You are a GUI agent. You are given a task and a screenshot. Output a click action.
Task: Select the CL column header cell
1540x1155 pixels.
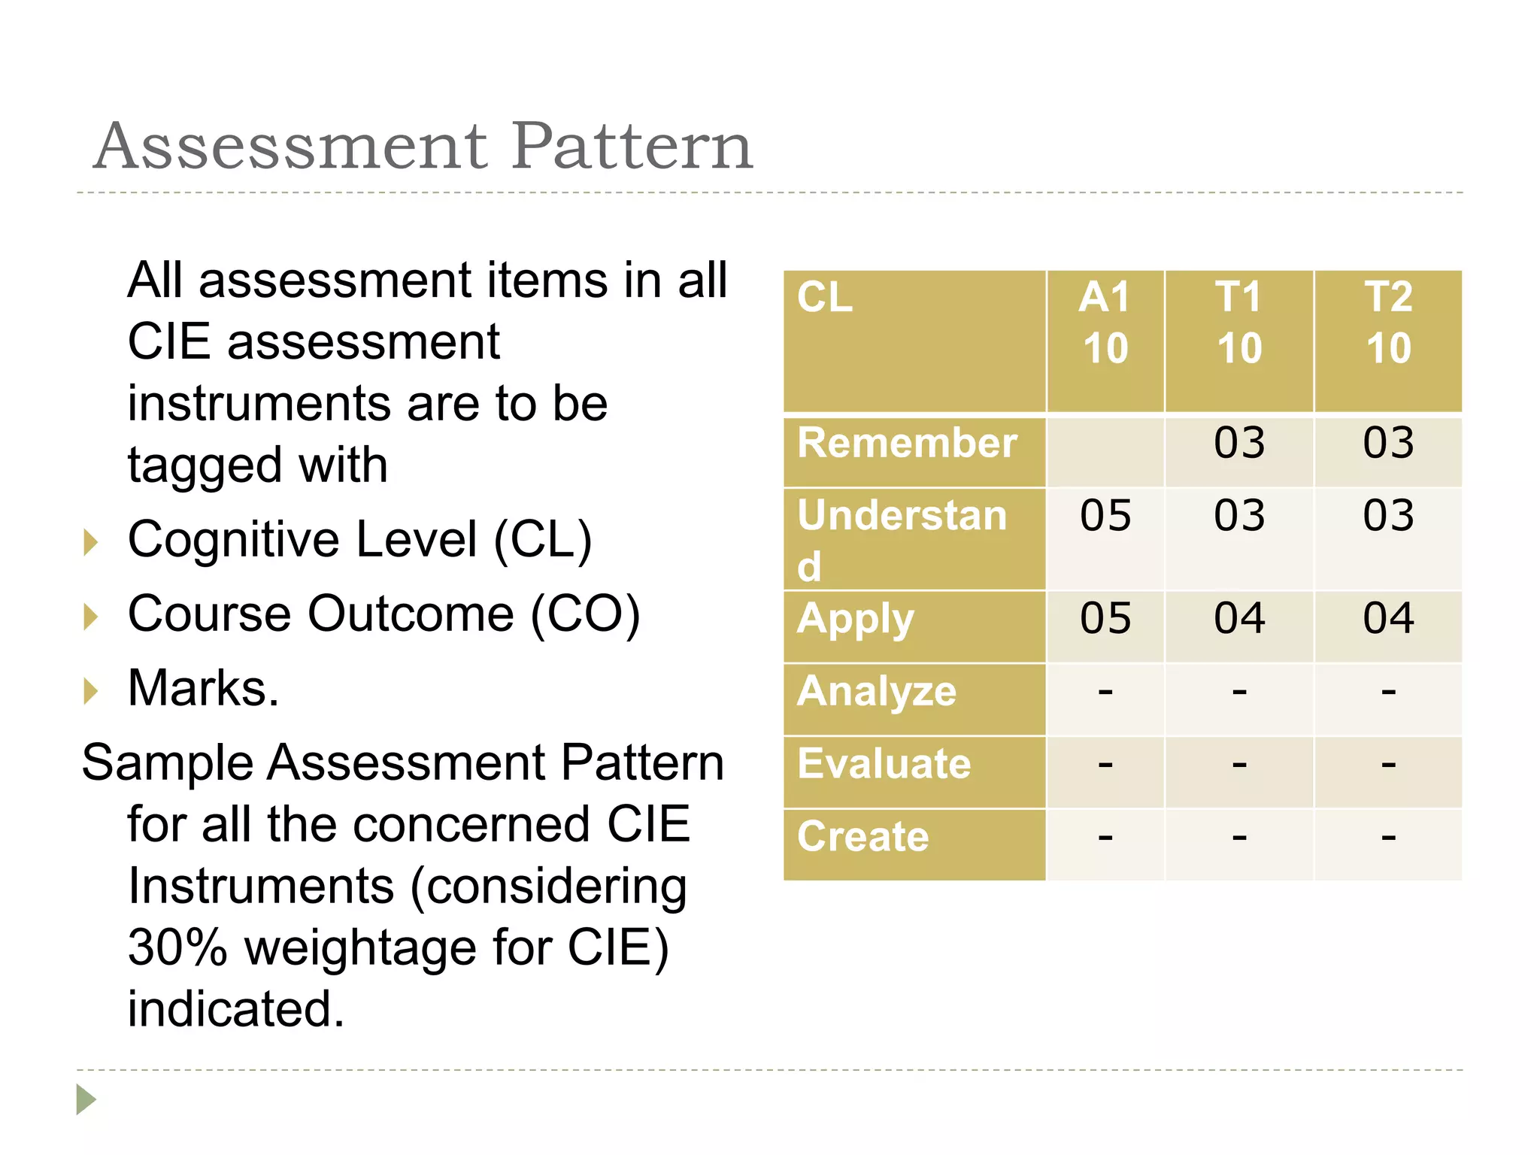914,341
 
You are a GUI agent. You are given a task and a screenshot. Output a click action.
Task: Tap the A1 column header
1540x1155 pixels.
1105,323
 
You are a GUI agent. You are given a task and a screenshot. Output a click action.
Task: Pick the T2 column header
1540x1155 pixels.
1388,323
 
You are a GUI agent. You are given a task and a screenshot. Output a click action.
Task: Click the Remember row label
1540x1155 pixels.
908,443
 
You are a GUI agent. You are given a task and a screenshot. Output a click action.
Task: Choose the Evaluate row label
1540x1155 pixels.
884,764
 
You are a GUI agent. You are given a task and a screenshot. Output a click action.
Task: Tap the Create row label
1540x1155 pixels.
863,837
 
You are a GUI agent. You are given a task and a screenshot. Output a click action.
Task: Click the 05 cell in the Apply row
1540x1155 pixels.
1105,619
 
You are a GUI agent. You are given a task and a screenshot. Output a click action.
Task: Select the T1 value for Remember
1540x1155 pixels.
1239,443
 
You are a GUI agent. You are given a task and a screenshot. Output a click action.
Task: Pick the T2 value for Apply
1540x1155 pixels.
1388,619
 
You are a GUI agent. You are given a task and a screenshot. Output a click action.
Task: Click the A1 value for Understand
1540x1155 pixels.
1105,516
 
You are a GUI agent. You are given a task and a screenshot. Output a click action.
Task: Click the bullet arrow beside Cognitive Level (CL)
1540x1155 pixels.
91,542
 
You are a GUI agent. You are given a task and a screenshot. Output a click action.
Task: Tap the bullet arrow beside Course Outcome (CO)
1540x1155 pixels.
91,617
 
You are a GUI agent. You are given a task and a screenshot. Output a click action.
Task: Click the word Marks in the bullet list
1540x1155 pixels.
198,688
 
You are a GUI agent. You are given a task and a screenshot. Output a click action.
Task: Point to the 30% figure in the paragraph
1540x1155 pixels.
177,947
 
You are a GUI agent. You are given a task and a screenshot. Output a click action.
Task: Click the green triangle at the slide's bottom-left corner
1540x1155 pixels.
86,1099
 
